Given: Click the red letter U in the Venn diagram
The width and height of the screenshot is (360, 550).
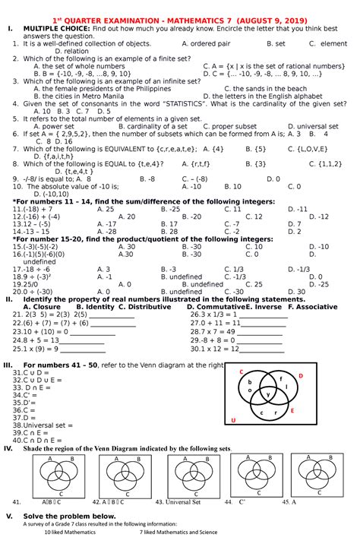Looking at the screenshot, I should click(x=233, y=420).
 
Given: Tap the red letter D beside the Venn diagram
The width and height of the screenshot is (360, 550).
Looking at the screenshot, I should click(x=299, y=376).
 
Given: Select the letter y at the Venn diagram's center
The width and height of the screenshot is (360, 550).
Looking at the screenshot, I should click(x=267, y=394).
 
